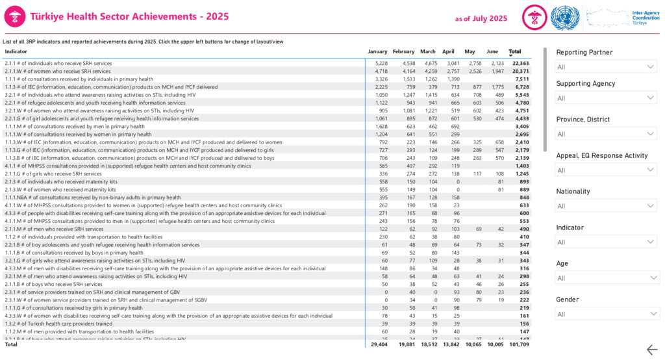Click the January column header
pos(377,51)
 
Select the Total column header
pos(515,51)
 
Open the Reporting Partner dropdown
pos(607,67)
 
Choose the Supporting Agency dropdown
pos(607,98)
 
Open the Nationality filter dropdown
pos(607,206)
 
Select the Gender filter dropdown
pos(607,314)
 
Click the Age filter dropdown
pos(607,278)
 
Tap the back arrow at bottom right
pos(652,350)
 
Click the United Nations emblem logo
pos(564,18)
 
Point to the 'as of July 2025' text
pos(481,18)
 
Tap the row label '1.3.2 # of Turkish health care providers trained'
pos(58,323)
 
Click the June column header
pos(492,51)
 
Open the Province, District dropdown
pos(607,134)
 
